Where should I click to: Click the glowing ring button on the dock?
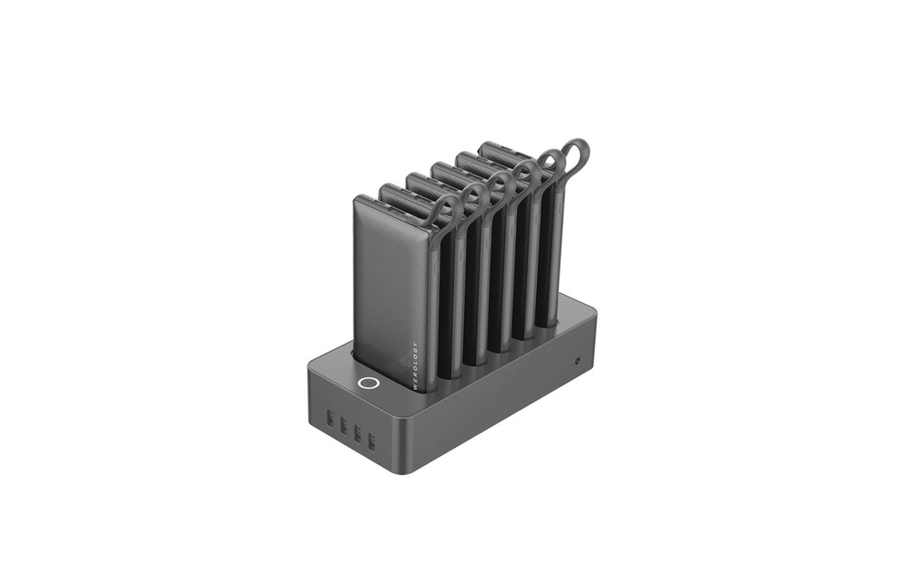(x=367, y=383)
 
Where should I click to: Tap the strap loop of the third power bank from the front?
(x=499, y=185)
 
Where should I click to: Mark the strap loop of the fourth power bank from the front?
(x=524, y=173)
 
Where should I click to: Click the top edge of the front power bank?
(x=389, y=206)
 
